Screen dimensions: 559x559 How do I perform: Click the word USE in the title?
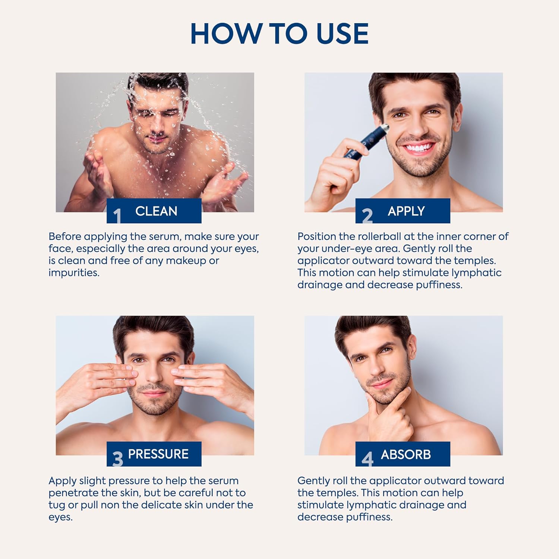[342, 34]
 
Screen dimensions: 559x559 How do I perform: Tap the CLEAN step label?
[156, 211]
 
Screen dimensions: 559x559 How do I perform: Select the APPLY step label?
[406, 211]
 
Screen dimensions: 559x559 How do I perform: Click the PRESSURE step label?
[158, 454]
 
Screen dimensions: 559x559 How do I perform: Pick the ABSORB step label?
[405, 455]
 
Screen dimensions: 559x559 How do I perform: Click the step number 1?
[117, 215]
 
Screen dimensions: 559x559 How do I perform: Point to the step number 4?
[367, 459]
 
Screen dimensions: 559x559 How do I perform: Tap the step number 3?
[118, 459]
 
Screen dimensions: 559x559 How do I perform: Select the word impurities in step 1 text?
[74, 273]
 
